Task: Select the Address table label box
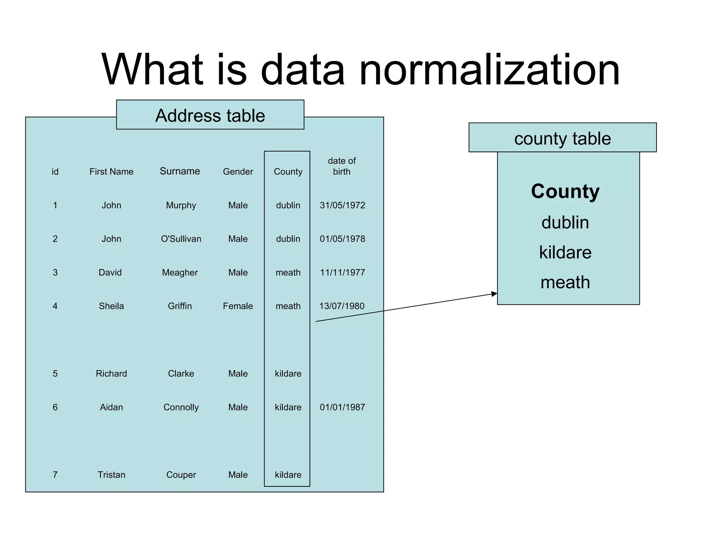coord(210,115)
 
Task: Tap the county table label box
coord(562,138)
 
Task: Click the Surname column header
coord(180,171)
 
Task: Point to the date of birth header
coord(342,166)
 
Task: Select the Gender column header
coord(238,172)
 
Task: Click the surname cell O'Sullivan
coord(181,239)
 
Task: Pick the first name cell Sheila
coord(111,306)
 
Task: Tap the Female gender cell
coord(238,306)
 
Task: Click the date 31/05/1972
coord(342,205)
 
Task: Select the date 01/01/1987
coord(342,407)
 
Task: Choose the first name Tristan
coord(111,475)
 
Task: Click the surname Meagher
coord(180,273)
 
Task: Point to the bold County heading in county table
coord(565,191)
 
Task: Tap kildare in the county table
coord(565,253)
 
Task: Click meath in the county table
coord(565,282)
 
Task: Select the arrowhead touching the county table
coord(494,294)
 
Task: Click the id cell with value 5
coord(55,374)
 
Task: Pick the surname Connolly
coord(181,407)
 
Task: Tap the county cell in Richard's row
coord(288,374)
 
